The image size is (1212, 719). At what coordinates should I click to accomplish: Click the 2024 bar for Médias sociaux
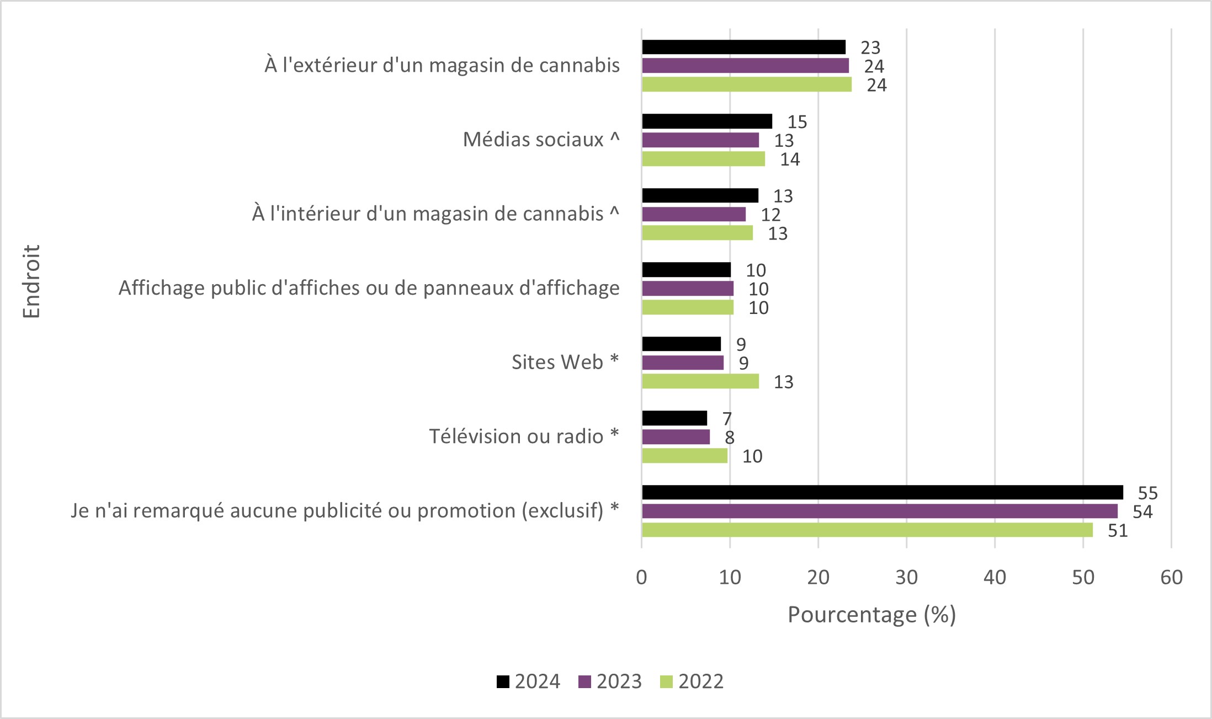point(706,121)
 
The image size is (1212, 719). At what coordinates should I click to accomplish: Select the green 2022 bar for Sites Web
point(700,381)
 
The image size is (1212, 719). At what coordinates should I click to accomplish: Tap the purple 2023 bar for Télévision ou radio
point(676,437)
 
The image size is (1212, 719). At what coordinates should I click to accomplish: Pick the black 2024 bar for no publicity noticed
point(882,492)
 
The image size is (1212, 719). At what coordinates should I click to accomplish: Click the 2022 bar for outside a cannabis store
point(746,84)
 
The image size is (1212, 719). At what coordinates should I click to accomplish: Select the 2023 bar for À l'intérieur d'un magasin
point(693,214)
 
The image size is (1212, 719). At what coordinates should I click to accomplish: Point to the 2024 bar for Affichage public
point(686,270)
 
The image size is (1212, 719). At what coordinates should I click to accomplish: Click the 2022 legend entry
point(692,681)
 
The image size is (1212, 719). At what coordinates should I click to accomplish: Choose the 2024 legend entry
point(529,681)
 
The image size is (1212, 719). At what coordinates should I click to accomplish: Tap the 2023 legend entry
point(610,681)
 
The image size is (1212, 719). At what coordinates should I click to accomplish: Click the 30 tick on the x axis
point(906,577)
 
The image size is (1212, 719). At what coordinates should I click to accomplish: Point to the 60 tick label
point(1171,577)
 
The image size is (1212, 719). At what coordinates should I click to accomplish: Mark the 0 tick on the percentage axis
point(641,577)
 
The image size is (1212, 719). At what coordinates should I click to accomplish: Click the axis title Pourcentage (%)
point(871,615)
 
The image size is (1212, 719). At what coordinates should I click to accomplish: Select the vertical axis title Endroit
point(31,281)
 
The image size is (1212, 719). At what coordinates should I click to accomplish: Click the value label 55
point(1147,493)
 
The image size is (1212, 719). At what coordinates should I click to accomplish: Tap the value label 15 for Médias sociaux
point(797,122)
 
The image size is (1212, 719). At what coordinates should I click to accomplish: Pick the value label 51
point(1118,530)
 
